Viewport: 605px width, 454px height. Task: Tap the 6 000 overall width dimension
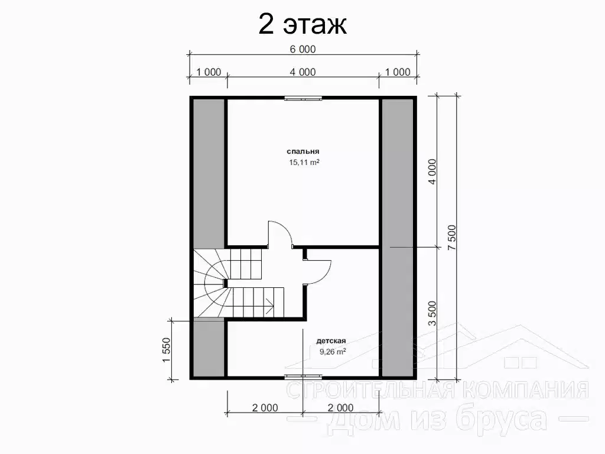tap(302, 50)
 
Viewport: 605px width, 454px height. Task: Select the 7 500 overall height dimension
tap(452, 238)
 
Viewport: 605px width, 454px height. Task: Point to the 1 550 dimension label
tap(166, 350)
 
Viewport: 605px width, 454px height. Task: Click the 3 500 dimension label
tap(432, 313)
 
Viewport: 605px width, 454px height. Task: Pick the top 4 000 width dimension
tap(302, 72)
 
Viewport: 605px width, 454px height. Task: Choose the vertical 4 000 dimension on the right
tap(432, 171)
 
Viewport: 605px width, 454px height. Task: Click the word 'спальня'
tap(303, 152)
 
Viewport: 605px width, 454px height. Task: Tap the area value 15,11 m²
tap(304, 162)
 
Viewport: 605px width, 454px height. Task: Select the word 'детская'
tap(331, 341)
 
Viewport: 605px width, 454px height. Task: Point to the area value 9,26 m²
tap(333, 351)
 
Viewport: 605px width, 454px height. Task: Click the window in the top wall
tap(303, 99)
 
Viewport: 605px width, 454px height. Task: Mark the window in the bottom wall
tap(303, 376)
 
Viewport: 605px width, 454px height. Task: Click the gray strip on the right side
tap(398, 238)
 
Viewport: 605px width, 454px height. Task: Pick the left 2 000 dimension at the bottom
tap(265, 408)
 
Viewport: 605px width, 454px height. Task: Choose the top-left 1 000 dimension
tap(209, 72)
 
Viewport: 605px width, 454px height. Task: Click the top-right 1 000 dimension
tap(398, 72)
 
